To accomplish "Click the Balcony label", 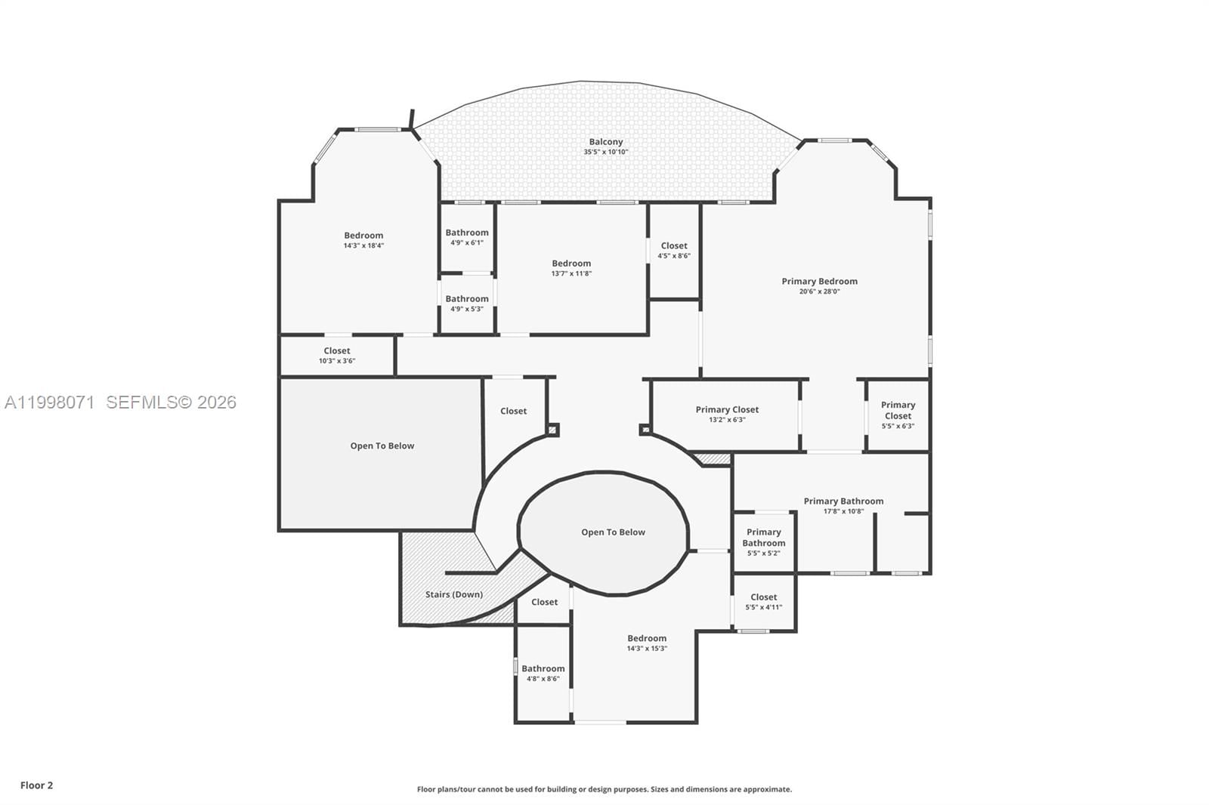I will tap(606, 142).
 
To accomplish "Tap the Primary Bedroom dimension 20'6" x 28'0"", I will tap(819, 291).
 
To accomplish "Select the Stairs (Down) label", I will tap(453, 594).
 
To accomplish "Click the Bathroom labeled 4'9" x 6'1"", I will tap(467, 237).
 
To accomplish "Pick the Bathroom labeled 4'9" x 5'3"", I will tap(467, 303).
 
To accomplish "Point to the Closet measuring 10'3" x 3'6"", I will tap(337, 355).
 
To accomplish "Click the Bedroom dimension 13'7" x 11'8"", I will tap(571, 273).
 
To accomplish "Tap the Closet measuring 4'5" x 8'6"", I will tap(674, 250).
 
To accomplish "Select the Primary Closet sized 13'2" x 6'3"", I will tap(727, 414).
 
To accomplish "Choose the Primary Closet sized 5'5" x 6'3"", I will tap(898, 415).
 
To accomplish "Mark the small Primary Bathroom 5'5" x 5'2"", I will tap(763, 541).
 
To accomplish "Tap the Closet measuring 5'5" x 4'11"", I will tap(763, 601).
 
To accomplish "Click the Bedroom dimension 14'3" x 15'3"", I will tap(647, 649).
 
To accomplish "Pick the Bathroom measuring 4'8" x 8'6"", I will tap(543, 673).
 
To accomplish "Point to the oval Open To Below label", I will tap(613, 532).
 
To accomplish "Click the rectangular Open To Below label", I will tap(382, 446).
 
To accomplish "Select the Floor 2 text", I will tap(36, 785).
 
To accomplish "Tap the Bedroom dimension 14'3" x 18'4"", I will tap(363, 245).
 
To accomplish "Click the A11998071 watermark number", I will tap(50, 402).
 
